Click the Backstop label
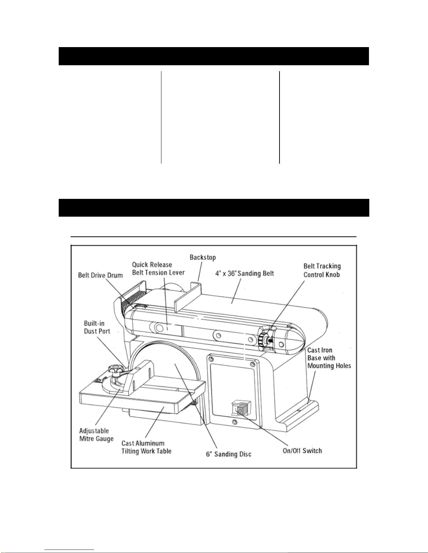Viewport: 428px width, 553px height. click(x=203, y=257)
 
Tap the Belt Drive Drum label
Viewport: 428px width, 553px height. click(x=100, y=275)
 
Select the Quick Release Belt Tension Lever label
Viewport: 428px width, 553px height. click(x=158, y=269)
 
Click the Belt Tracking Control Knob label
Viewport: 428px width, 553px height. click(x=322, y=270)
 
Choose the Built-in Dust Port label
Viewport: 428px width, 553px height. click(x=97, y=327)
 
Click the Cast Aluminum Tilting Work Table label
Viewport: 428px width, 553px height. click(x=146, y=447)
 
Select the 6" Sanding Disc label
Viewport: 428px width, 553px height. click(x=228, y=454)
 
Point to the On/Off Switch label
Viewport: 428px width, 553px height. click(x=302, y=450)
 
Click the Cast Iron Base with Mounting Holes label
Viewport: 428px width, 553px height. click(x=329, y=358)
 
